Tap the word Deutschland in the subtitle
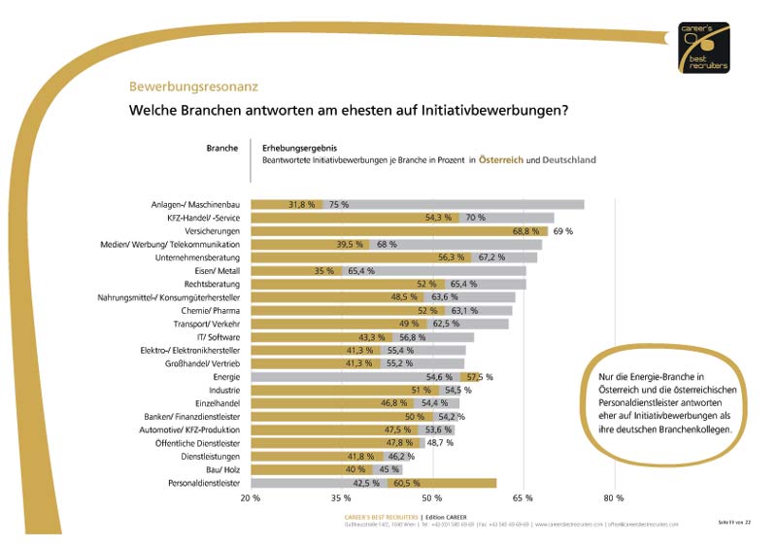(568, 159)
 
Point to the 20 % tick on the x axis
(250, 498)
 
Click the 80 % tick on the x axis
(613, 498)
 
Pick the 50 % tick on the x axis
(431, 498)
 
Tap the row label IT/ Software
(220, 337)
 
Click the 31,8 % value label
(303, 205)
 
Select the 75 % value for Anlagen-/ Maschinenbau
(339, 205)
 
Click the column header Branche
(221, 148)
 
